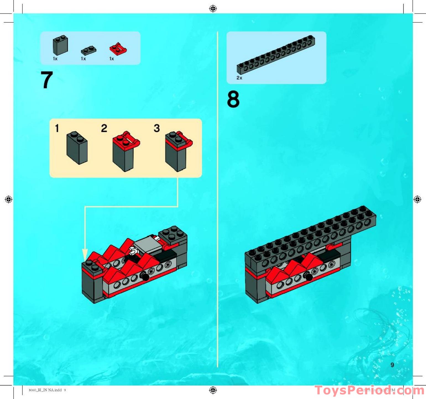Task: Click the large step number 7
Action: pos(47,80)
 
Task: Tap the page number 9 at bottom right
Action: pos(392,365)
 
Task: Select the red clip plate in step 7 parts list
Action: pos(118,49)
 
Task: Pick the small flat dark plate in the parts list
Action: pos(88,51)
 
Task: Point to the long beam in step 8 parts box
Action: pos(276,54)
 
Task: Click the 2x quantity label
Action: pos(239,78)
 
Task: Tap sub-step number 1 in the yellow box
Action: pos(57,128)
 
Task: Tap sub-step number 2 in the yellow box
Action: pos(104,128)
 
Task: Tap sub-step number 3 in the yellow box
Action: pos(157,128)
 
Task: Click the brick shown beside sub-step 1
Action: pos(77,148)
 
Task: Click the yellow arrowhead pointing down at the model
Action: pos(85,254)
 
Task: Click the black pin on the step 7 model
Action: pos(144,275)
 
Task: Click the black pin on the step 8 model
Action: pos(308,276)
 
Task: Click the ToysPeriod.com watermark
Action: pos(369,390)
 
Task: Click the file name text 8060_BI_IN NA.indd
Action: pos(45,390)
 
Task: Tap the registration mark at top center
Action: pos(213,9)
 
